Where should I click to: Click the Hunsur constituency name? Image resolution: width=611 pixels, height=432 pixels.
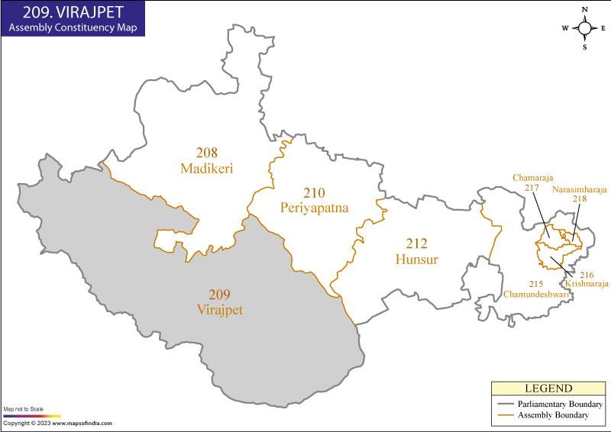[x=417, y=260]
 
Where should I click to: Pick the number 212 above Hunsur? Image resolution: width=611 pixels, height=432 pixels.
[x=417, y=244]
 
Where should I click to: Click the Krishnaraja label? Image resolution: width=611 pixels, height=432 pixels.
[x=587, y=283]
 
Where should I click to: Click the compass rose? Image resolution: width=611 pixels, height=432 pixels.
[x=585, y=28]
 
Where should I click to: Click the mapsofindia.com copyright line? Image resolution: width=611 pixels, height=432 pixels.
[x=57, y=423]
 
